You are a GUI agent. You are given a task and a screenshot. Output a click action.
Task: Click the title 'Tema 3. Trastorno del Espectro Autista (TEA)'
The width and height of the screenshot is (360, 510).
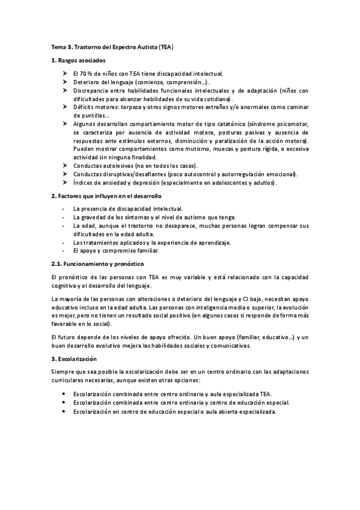(x=112, y=46)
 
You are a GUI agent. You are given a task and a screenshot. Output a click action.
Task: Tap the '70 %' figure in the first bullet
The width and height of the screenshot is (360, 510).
(x=88, y=73)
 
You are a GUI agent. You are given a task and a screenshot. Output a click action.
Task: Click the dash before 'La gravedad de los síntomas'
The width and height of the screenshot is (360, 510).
(x=63, y=217)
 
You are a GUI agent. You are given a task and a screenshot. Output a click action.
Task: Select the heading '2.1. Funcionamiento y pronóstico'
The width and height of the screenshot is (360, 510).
(x=97, y=264)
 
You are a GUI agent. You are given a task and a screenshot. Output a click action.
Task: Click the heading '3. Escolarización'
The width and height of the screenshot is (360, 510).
(x=74, y=358)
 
